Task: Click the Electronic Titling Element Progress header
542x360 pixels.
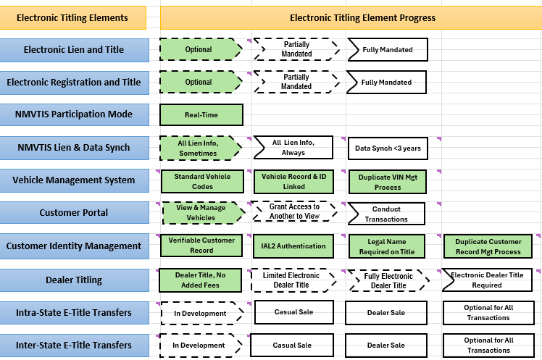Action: point(351,17)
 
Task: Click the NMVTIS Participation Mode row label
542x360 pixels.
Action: point(73,114)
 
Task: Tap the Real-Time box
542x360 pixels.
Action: point(201,114)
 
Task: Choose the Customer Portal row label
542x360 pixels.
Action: point(73,213)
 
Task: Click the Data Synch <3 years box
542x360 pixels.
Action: point(387,148)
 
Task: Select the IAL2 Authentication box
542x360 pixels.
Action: point(293,246)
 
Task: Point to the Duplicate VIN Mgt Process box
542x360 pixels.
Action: point(388,181)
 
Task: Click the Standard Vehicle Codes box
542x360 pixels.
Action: point(201,181)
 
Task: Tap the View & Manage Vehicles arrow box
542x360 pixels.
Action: point(201,213)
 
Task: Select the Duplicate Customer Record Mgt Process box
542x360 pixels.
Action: point(488,246)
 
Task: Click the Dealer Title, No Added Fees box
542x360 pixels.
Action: point(201,280)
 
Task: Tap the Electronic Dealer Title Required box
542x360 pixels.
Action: point(488,280)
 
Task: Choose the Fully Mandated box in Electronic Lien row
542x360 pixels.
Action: point(387,50)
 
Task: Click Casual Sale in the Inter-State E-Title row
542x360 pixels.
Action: point(293,346)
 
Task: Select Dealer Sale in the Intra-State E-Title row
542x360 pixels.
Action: point(385,313)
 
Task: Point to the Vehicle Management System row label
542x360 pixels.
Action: point(73,180)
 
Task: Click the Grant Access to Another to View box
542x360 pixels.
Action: point(294,212)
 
